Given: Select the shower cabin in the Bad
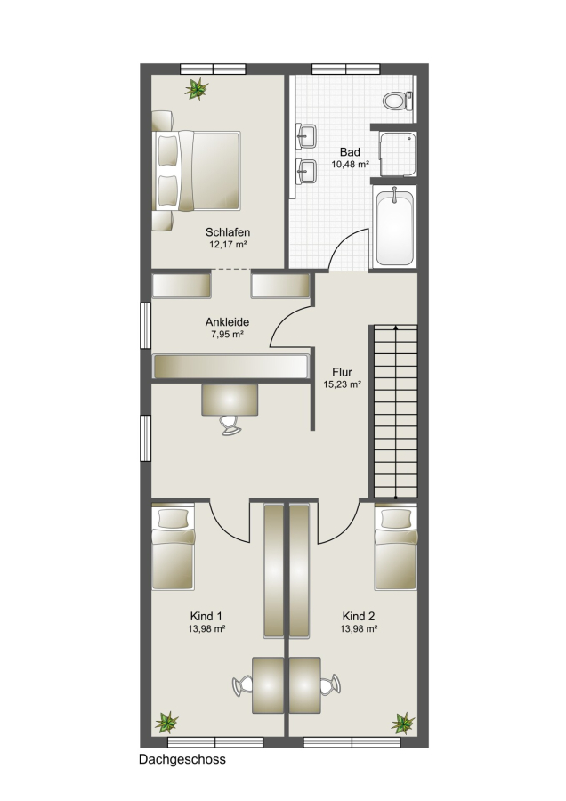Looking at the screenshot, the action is (399, 154).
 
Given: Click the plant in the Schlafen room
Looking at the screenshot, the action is (196, 89).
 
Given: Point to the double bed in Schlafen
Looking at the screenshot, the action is (197, 171).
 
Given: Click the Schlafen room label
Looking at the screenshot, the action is (228, 232).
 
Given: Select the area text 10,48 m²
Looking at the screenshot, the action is (350, 164).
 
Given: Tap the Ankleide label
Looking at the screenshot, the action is (227, 322).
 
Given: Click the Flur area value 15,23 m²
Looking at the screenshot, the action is (343, 384).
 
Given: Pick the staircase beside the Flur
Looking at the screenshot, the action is (396, 411).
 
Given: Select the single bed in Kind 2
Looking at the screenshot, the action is (396, 547).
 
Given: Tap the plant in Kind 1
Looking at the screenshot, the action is (166, 723).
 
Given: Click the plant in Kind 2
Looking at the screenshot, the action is (402, 723).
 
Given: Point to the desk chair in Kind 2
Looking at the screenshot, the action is (330, 684).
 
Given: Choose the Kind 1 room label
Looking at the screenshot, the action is (206, 617).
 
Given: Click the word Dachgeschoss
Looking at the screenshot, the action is (182, 760).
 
